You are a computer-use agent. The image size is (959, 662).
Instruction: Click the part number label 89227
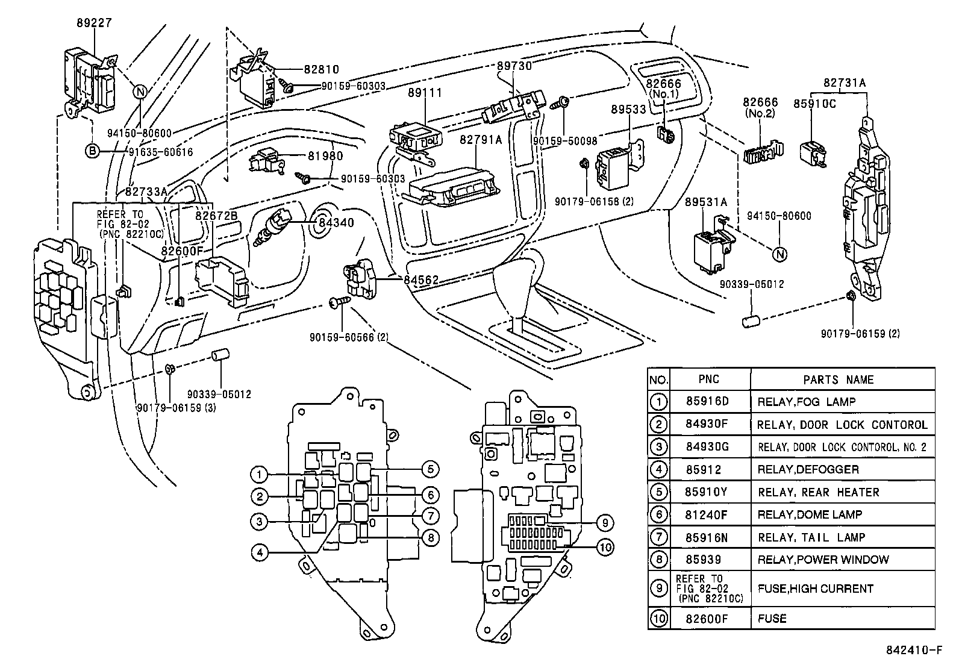94,23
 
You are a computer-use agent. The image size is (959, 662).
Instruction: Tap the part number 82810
322,69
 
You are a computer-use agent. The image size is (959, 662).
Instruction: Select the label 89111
425,93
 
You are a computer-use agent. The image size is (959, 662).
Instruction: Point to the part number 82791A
481,140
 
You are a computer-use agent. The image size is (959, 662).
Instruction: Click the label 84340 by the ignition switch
336,223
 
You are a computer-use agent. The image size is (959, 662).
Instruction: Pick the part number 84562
421,280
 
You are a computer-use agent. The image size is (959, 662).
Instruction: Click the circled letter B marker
92,151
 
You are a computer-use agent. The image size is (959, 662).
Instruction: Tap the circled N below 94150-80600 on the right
780,254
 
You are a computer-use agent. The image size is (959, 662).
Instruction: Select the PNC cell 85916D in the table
707,401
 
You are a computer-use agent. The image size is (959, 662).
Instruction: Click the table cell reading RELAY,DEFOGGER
808,469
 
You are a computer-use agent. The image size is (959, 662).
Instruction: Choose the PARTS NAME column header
839,380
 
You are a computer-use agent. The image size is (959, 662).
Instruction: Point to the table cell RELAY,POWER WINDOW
823,560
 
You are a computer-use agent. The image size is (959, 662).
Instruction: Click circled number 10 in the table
659,618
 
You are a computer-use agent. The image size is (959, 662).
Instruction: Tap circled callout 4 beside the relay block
260,552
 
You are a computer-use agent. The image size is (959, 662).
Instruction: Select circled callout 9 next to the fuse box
605,523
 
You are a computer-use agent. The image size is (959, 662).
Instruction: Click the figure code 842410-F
914,650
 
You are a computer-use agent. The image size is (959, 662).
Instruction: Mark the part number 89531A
705,202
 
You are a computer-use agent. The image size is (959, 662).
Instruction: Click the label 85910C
814,104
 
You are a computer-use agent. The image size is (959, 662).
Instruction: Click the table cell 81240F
707,514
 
